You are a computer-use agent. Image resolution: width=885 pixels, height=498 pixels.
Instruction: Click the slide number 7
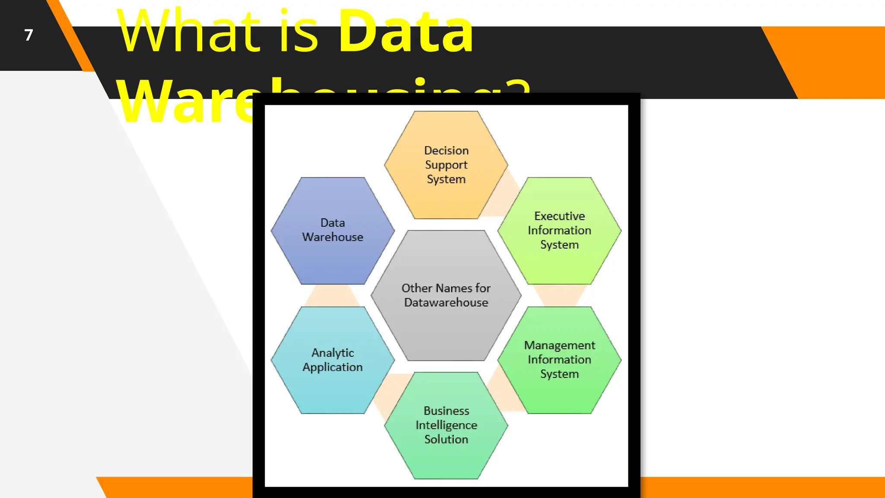pos(29,35)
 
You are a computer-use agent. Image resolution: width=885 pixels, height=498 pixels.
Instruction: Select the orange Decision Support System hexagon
pos(446,195)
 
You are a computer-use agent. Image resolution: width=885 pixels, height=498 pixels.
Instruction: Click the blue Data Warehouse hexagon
pos(333,259)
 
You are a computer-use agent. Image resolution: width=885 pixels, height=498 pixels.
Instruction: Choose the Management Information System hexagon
pos(559,393)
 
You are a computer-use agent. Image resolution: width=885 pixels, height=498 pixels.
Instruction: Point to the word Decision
pos(446,150)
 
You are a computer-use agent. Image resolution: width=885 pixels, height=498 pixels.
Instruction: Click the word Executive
pos(560,216)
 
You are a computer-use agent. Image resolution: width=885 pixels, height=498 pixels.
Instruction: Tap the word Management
pos(560,345)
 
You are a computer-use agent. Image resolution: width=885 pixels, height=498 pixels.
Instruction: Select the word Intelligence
pos(446,425)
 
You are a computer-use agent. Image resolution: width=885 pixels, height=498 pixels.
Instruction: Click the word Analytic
pos(333,353)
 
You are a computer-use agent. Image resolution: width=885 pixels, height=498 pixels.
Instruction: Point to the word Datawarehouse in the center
pos(446,303)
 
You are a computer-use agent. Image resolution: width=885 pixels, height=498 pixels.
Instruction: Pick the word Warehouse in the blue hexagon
pos(333,237)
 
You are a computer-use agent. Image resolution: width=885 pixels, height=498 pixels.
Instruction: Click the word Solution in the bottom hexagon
pos(446,439)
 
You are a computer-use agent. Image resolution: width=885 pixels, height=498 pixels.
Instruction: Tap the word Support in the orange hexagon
pos(446,165)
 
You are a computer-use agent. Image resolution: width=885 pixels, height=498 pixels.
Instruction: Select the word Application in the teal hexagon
pos(333,367)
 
